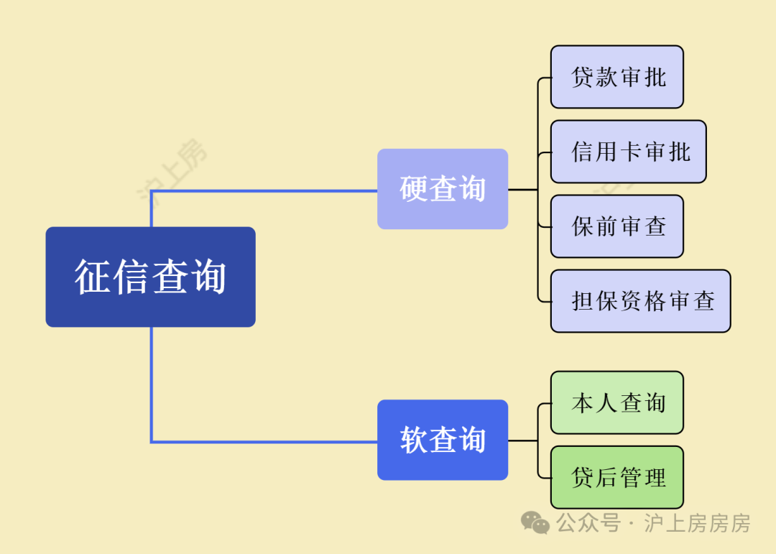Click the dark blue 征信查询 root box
[150, 277]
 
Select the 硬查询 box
[443, 189]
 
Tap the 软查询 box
[443, 440]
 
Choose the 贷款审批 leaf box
[616, 77]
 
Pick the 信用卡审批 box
[628, 152]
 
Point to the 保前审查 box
[616, 226]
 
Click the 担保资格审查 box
[640, 301]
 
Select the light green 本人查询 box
[616, 402]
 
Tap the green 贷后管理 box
[616, 477]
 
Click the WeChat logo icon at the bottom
[535, 522]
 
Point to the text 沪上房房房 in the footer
[697, 523]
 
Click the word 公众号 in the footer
[588, 523]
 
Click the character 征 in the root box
[93, 277]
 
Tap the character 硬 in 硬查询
[414, 189]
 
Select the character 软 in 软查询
[414, 440]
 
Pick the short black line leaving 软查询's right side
[522, 440]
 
